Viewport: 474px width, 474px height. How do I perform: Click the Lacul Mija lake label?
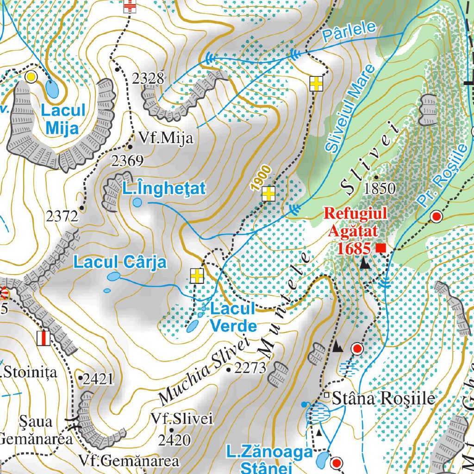point(63,119)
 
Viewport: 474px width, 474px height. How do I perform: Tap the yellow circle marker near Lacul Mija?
point(31,77)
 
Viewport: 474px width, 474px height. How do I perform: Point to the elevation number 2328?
point(148,79)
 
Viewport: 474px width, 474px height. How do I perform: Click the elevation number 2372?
point(62,216)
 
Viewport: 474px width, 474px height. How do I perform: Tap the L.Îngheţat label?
point(164,188)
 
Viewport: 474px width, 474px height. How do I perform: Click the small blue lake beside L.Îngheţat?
point(137,202)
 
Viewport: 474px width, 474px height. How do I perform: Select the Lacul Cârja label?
point(120,262)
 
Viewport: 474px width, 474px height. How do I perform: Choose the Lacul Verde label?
point(233,318)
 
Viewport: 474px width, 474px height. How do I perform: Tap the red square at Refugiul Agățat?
point(381,249)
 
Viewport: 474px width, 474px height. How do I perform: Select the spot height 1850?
point(380,188)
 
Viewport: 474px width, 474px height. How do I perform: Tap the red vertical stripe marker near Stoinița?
point(43,338)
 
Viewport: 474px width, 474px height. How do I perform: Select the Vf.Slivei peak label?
point(182,419)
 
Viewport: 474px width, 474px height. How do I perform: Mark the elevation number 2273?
point(250,368)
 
